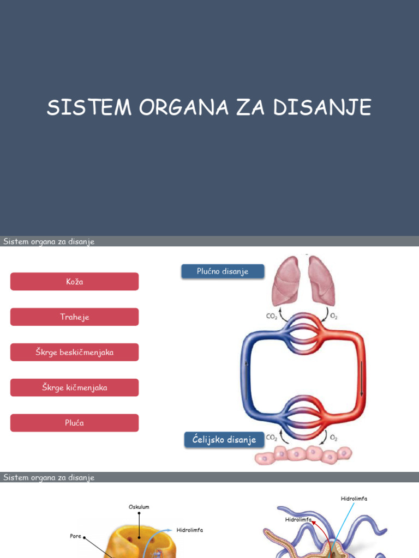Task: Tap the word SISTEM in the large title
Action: (x=89, y=108)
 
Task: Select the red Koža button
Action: (x=74, y=282)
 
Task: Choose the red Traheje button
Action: (x=74, y=317)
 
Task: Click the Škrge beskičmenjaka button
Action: (x=74, y=353)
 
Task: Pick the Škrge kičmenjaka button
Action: (x=74, y=388)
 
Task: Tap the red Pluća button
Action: (x=74, y=423)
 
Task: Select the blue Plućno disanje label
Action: (x=223, y=271)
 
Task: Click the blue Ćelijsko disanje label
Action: (x=224, y=440)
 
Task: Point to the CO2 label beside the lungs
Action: (x=271, y=316)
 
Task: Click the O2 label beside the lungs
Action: (x=334, y=316)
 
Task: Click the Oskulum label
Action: (x=139, y=507)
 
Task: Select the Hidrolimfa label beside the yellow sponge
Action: (x=189, y=530)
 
